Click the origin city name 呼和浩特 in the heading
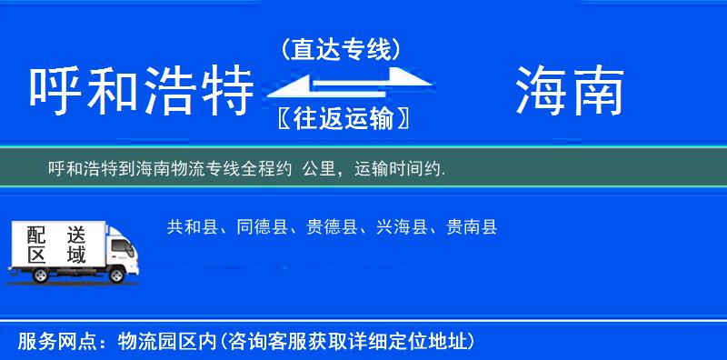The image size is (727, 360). pyautogui.click(x=141, y=92)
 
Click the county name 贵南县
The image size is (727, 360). pyautogui.click(x=470, y=227)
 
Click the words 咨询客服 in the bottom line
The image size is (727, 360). pyautogui.click(x=263, y=342)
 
